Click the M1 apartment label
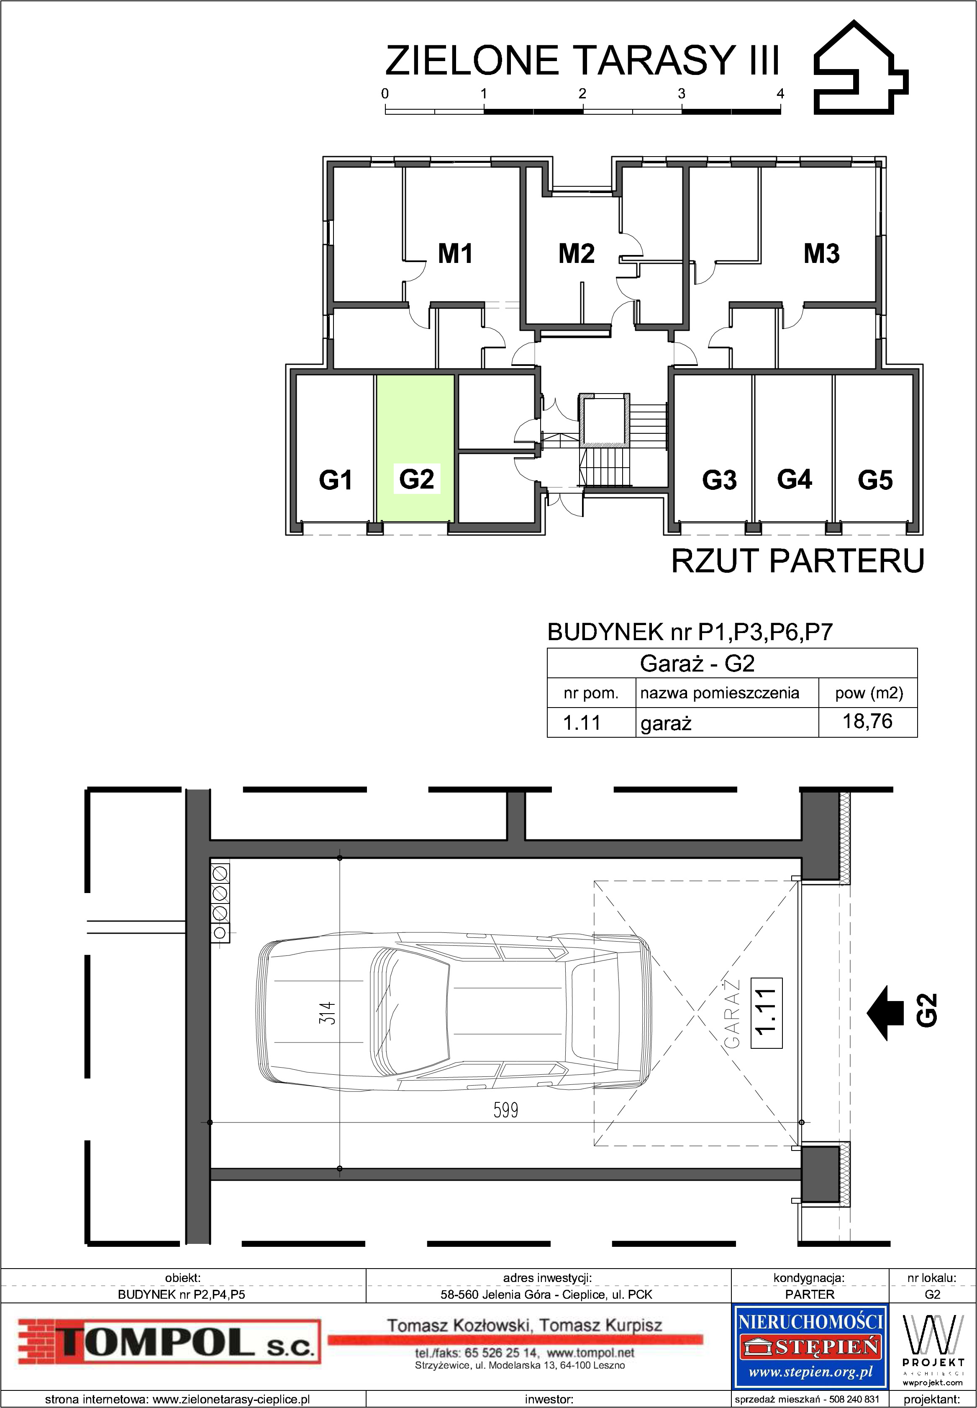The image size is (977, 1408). [455, 254]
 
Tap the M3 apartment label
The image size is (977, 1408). [821, 254]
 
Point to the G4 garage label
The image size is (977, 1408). [794, 479]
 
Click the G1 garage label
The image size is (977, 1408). [336, 479]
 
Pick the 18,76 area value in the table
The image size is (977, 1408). [867, 721]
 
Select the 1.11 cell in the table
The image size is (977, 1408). [582, 723]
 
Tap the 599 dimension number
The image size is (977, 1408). [505, 1110]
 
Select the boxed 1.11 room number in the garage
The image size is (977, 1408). [766, 1013]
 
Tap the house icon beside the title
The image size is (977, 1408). [861, 67]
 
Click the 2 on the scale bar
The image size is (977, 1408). [582, 94]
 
